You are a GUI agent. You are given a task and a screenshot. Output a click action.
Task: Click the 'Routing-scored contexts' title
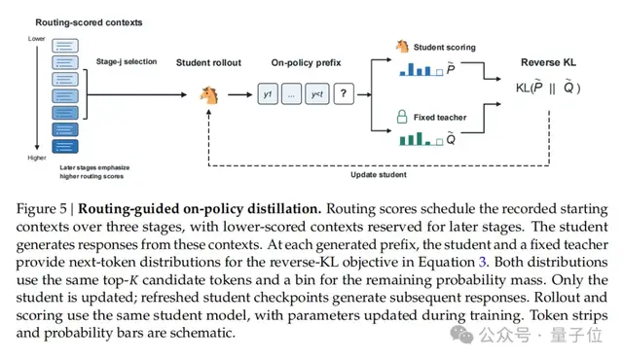pyautogui.click(x=89, y=22)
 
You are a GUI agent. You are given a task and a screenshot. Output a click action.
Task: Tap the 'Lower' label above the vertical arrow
pyautogui.click(x=37, y=39)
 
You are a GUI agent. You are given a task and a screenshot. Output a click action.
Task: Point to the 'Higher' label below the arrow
pyautogui.click(x=37, y=158)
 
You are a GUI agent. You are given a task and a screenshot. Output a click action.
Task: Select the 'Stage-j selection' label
pyautogui.click(x=127, y=61)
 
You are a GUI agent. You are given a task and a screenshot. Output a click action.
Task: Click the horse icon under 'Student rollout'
pyautogui.click(x=209, y=95)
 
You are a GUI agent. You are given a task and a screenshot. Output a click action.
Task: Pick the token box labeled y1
pyautogui.click(x=268, y=94)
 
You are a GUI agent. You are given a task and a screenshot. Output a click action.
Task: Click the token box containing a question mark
pyautogui.click(x=344, y=94)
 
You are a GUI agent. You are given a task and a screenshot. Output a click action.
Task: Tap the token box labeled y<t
pyautogui.click(x=317, y=94)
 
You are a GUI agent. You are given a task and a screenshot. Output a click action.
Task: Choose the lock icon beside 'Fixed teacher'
pyautogui.click(x=402, y=117)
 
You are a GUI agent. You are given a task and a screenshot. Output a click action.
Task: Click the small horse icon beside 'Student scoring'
pyautogui.click(x=402, y=47)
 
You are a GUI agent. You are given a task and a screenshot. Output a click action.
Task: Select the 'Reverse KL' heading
pyautogui.click(x=548, y=62)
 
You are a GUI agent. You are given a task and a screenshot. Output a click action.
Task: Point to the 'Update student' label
pyautogui.click(x=379, y=174)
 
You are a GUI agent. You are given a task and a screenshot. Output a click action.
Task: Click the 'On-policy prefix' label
pyautogui.click(x=306, y=62)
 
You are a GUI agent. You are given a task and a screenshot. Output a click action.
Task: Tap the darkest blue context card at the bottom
pyautogui.click(x=65, y=147)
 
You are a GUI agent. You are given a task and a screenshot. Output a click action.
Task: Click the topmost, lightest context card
pyautogui.click(x=65, y=46)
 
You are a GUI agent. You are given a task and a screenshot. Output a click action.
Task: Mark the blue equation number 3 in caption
pyautogui.click(x=483, y=262)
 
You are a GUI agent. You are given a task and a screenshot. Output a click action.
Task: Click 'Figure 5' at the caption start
pyautogui.click(x=42, y=209)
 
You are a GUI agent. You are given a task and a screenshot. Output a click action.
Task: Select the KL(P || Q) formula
pyautogui.click(x=548, y=88)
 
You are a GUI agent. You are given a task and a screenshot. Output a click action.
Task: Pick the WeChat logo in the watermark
pyautogui.click(x=461, y=335)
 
